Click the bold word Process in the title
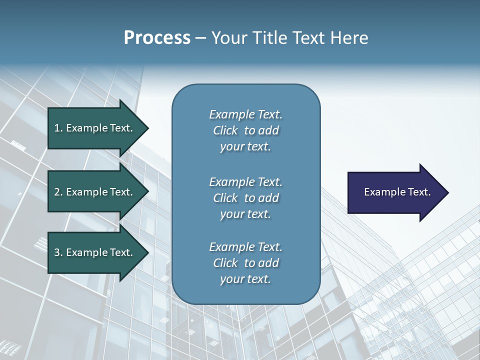pos(157,38)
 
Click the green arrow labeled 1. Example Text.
pos(95,128)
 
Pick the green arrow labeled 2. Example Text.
pos(95,192)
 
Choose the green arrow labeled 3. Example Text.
pos(95,252)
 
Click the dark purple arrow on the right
pos(395,192)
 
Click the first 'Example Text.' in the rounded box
pos(245,114)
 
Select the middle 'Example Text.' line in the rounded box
pos(245,181)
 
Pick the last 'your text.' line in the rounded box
pos(245,279)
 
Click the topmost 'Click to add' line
pos(245,130)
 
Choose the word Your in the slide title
pos(228,38)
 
